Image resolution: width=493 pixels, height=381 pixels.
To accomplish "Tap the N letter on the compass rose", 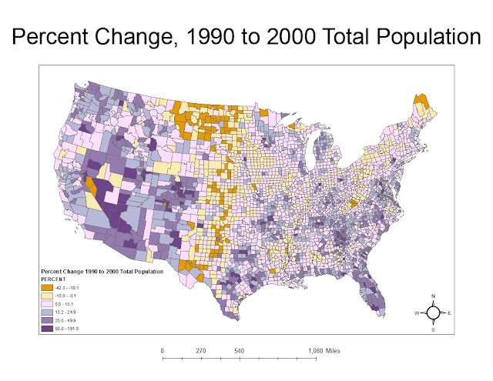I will coord(434,297).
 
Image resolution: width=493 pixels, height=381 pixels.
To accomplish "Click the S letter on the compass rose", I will coord(434,329).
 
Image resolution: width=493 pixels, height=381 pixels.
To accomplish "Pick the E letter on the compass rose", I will coord(450,313).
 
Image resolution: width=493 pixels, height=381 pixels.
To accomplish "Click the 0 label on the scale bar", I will coord(163,351).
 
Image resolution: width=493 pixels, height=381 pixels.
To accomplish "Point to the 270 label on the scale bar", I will coord(201,351).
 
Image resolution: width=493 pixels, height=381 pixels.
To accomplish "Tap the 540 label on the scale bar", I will coord(240,351).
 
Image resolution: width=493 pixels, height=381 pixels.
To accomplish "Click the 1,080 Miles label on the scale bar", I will coord(323,351).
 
